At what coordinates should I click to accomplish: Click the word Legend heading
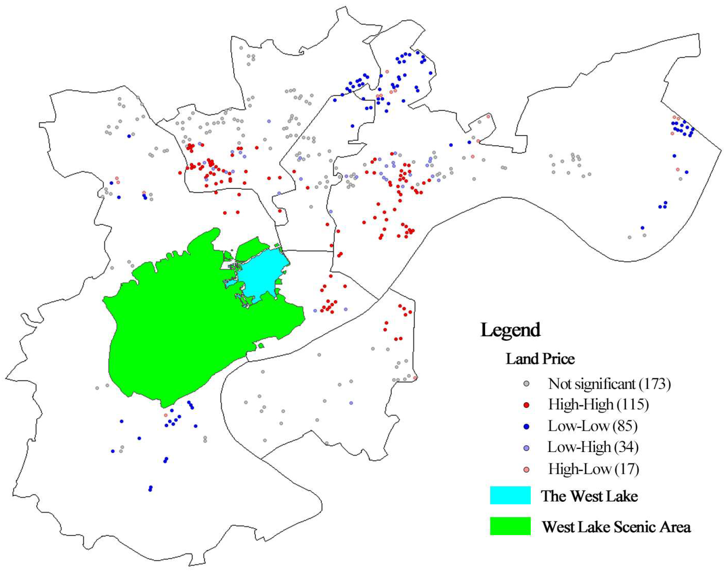(510, 330)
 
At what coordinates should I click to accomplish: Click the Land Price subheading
(540, 359)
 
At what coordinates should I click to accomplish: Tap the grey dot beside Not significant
(526, 383)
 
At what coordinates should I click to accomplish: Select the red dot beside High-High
(526, 405)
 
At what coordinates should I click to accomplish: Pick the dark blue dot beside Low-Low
(526, 426)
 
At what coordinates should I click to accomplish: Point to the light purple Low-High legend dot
(526, 448)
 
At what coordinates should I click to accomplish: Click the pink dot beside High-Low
(526, 469)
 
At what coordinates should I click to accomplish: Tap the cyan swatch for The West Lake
(510, 495)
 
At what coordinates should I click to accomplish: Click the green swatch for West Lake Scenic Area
(510, 526)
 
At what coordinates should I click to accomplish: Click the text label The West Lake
(589, 496)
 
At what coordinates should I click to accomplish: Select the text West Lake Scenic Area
(616, 527)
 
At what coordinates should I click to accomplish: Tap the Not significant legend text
(592, 384)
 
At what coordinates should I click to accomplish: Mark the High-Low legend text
(579, 469)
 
